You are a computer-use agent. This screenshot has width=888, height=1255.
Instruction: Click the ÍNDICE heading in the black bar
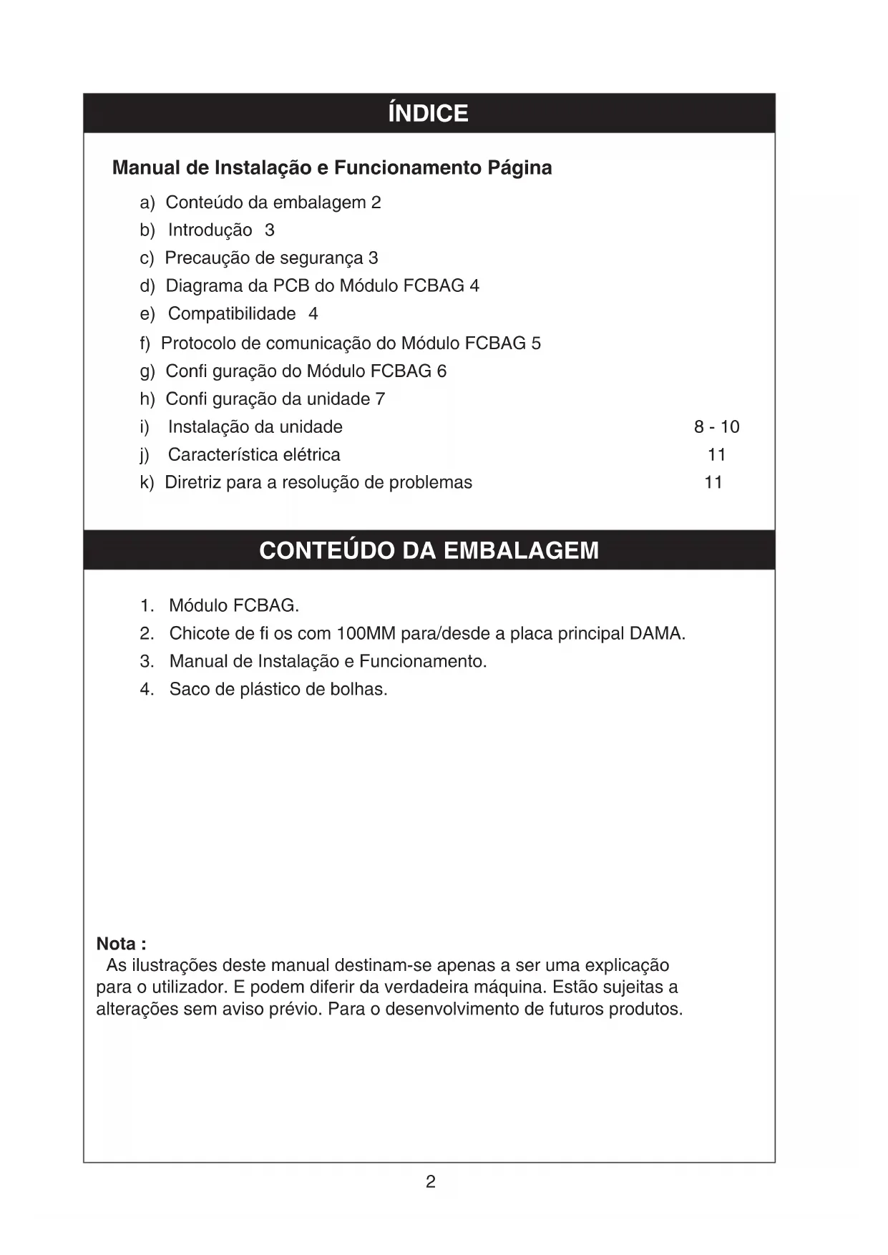click(428, 114)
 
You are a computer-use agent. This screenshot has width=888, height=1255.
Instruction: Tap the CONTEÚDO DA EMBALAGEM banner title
click(429, 550)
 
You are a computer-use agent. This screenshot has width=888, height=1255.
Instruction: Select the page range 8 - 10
click(716, 427)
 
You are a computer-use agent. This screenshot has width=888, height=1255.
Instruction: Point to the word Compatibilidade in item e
click(232, 314)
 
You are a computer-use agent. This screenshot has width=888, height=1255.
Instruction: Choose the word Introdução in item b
click(210, 230)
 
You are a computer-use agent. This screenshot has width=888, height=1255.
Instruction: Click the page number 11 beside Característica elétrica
click(716, 455)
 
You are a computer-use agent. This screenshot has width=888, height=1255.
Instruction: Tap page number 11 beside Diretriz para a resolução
click(713, 483)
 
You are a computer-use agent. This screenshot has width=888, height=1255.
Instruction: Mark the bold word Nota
click(117, 944)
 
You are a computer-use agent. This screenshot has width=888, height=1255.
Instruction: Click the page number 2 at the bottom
click(430, 1182)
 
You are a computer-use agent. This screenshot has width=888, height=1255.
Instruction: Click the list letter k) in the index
click(147, 483)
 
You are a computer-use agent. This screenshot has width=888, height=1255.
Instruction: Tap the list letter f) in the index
click(145, 343)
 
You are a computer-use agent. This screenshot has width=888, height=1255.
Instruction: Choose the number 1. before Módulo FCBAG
click(147, 606)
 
